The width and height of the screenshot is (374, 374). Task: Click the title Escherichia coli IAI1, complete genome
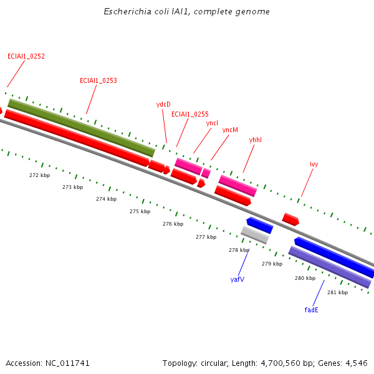click(x=186, y=12)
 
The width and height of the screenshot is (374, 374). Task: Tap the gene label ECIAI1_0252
click(x=26, y=56)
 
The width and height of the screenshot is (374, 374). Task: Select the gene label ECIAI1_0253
click(x=98, y=80)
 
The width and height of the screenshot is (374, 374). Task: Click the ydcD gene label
click(x=163, y=104)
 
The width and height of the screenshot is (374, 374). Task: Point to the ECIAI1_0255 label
click(x=190, y=114)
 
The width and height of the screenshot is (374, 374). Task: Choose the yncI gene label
click(x=213, y=123)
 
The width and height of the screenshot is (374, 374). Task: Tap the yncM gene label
click(x=230, y=130)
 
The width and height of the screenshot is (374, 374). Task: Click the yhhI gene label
click(x=256, y=140)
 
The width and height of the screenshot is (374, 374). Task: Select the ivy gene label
click(x=314, y=164)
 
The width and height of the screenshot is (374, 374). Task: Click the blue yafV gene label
click(x=237, y=279)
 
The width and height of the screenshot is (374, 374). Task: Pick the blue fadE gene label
click(x=312, y=309)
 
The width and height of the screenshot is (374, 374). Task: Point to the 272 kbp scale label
click(x=39, y=175)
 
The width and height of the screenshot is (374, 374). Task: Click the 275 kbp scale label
click(x=140, y=211)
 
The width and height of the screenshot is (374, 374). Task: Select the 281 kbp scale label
click(x=337, y=292)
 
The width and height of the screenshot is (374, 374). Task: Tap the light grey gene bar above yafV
click(x=255, y=235)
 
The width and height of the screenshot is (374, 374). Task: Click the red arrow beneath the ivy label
click(x=290, y=219)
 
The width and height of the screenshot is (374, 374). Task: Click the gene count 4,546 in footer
click(x=355, y=363)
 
